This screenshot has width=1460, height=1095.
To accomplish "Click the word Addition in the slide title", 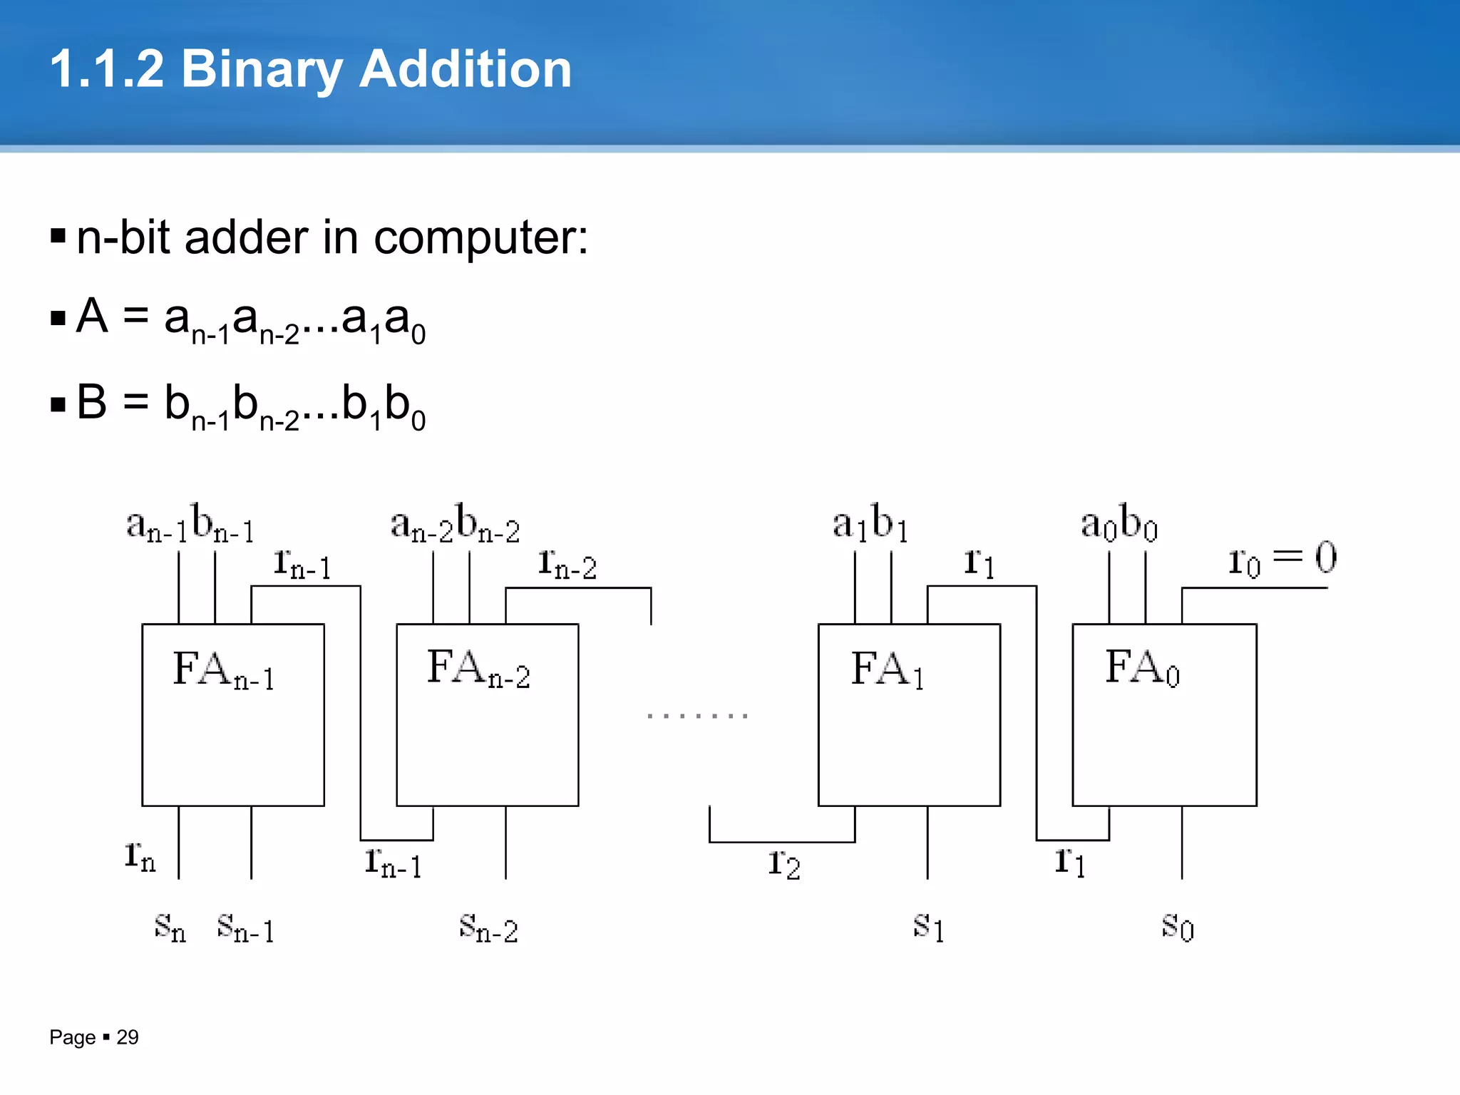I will click(x=465, y=70).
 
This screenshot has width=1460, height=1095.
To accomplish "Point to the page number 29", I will click(x=128, y=1037).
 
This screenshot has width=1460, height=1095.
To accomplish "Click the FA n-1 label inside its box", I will click(x=224, y=671).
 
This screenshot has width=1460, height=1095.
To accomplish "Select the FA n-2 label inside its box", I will click(x=478, y=669).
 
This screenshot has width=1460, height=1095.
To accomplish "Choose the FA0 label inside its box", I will click(x=1142, y=669).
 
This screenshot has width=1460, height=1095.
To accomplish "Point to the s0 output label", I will click(x=1177, y=927).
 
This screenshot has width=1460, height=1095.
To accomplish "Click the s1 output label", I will click(x=929, y=927).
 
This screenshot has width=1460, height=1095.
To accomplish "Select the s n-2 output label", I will click(x=488, y=928).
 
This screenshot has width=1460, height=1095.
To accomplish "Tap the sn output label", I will click(x=170, y=928).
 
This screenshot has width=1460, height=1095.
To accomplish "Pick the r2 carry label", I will click(x=784, y=863).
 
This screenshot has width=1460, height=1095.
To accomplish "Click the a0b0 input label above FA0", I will click(x=1119, y=523).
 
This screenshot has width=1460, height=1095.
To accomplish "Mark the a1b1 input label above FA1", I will click(x=870, y=523).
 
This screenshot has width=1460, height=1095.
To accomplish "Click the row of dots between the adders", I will click(x=697, y=715).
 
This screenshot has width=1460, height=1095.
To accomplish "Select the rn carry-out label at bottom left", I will click(x=140, y=855).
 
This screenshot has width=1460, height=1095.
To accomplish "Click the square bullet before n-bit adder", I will click(x=58, y=236).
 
